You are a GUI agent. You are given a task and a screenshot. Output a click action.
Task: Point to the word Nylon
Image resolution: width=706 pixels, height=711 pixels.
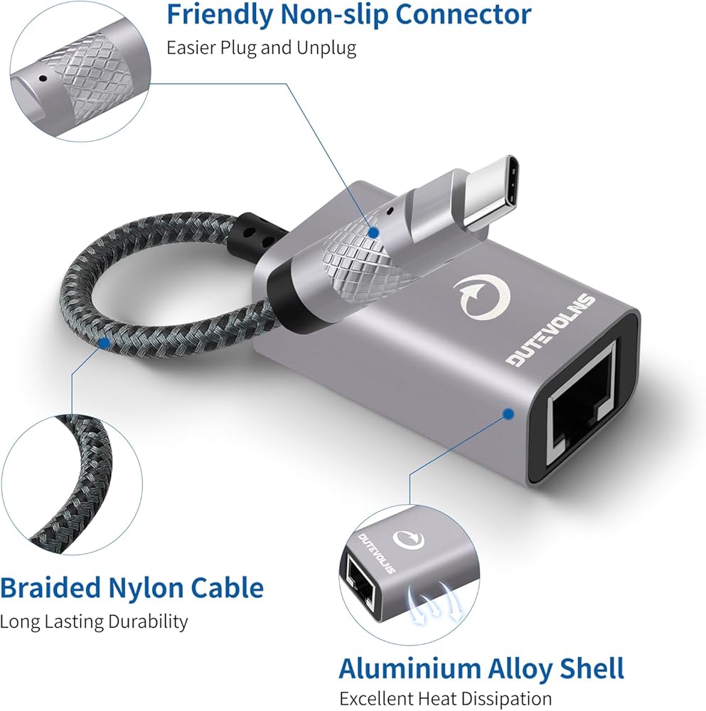[152, 588]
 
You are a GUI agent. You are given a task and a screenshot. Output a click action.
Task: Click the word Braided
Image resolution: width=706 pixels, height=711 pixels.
[51, 588]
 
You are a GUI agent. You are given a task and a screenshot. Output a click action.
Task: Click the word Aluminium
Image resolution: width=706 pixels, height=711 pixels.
[410, 669]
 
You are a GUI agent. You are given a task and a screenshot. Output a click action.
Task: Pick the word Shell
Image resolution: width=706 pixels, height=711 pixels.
[588, 669]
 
